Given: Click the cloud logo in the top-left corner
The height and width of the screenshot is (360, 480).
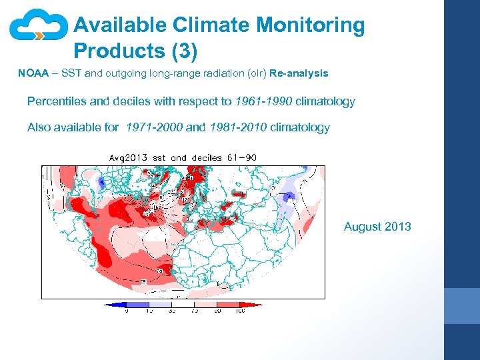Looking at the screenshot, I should coord(39,27).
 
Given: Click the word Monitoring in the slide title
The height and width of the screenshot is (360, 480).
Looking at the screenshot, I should coord(311,25).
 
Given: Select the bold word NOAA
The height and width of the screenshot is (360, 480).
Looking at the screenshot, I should coord(33,73).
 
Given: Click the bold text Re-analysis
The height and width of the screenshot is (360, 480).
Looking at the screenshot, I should coord(299,73).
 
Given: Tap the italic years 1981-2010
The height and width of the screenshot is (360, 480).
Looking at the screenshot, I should coord(239,127).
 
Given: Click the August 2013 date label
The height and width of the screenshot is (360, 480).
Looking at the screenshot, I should coord(377,227).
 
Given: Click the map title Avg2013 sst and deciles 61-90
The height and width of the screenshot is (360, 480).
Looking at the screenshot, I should coord(183,157).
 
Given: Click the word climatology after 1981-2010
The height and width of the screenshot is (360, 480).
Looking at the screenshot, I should coord(300,127).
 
